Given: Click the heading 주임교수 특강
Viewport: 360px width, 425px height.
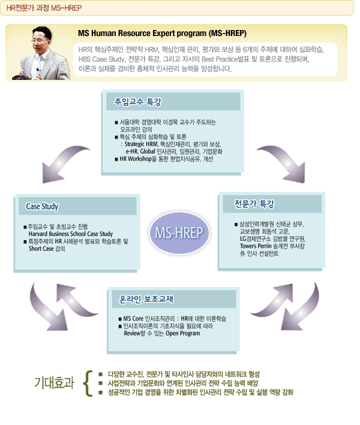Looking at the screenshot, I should (138, 101).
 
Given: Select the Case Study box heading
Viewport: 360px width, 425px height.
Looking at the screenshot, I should (42, 206).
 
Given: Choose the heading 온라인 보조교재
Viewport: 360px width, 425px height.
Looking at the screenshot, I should (146, 299).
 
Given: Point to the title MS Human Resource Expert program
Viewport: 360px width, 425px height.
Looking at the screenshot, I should (161, 33).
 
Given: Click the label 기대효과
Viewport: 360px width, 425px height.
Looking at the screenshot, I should (54, 382).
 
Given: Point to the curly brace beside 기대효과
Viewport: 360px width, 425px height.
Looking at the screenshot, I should (88, 382).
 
